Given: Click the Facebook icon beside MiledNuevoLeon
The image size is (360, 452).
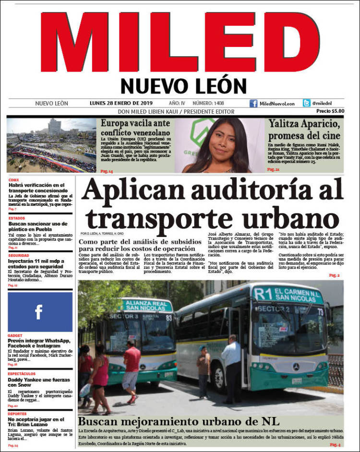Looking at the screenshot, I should point(253,103).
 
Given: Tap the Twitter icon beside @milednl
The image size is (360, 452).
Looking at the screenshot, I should point(306,103).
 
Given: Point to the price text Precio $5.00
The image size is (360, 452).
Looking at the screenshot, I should point(330,111).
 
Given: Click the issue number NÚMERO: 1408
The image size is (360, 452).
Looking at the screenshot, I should point(208,103).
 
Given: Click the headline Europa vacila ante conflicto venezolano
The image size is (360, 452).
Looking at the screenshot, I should point(135,128).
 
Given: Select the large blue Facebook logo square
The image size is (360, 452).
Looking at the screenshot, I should point(40,312).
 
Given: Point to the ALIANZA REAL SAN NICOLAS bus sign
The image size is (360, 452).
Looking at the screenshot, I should point(146,306).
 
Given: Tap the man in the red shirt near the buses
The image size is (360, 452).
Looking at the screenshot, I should point(131,369).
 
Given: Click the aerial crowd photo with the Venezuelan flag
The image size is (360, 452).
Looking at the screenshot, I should point(52,145).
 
